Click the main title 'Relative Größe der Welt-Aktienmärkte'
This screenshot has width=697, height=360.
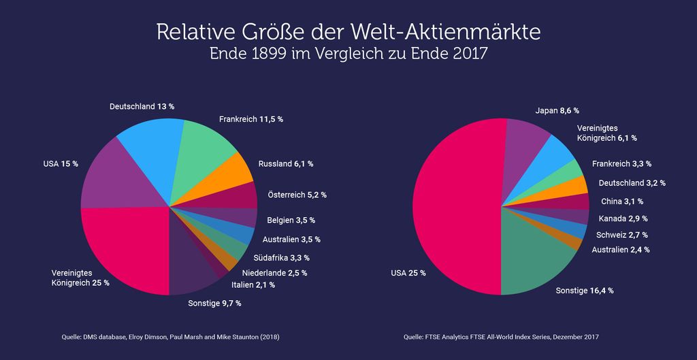[348, 33]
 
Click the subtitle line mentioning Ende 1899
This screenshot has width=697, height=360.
[348, 54]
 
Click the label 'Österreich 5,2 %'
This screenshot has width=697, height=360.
[297, 195]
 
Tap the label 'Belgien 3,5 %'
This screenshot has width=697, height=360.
[291, 220]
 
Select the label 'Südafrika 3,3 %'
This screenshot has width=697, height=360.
[281, 257]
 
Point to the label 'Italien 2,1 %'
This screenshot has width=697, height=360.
[253, 285]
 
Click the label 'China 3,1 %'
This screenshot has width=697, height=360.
[622, 201]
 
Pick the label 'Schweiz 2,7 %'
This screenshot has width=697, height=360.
[622, 235]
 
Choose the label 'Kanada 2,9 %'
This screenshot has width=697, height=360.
[623, 218]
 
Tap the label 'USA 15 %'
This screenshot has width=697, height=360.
[61, 164]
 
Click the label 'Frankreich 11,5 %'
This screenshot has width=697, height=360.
[251, 119]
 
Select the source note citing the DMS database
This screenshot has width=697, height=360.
[170, 338]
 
